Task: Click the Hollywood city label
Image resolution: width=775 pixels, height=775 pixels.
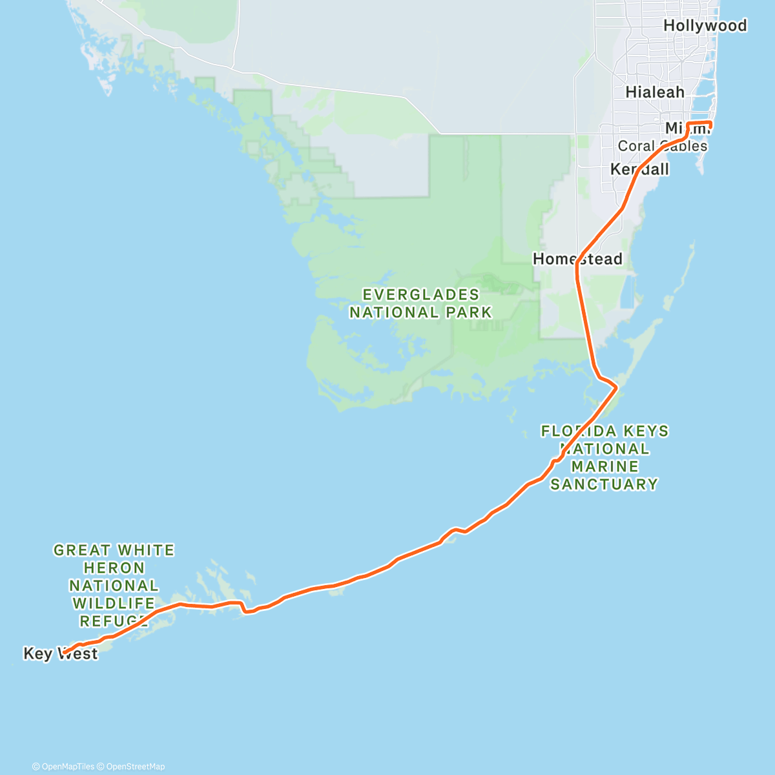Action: coord(705,26)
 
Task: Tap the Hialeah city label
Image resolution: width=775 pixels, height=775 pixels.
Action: coord(655,92)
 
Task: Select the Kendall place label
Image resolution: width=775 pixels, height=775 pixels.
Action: coord(639,169)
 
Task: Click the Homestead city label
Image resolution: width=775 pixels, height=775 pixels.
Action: coord(577,259)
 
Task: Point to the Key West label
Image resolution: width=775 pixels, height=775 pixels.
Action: coord(60,654)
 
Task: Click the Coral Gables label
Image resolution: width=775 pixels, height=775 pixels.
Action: coord(662,146)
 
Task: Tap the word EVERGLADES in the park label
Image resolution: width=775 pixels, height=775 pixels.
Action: coord(421,295)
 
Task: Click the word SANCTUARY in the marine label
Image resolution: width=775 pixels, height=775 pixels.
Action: coord(604,484)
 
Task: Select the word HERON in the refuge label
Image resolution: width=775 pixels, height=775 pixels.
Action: coord(114,568)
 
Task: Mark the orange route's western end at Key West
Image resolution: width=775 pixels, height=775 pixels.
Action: coord(64,653)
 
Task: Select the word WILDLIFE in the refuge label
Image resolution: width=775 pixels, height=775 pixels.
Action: coord(114,603)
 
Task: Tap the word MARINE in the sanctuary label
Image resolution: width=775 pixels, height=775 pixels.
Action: coord(605,466)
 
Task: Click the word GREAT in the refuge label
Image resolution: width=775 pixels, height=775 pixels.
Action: coord(82,550)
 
